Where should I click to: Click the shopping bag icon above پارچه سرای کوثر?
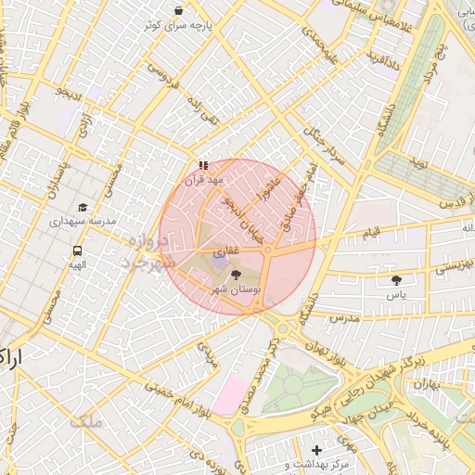pos(178,10)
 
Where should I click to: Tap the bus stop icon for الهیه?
pos(77,250)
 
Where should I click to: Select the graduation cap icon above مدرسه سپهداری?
pos(83,208)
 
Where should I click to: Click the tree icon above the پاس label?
pos(397,278)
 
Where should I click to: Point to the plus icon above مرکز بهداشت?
pos(317,450)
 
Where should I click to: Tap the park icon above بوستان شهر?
pos(234,275)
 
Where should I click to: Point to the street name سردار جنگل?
pos(327,147)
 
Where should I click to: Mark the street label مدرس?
pos(342,317)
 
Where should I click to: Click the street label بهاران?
pos(426,383)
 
